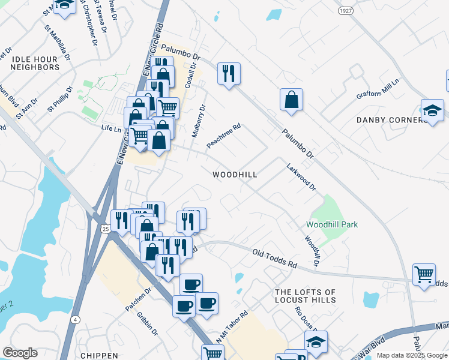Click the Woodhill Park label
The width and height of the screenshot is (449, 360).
332,224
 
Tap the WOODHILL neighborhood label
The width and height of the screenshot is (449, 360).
235,175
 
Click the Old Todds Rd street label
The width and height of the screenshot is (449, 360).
275,259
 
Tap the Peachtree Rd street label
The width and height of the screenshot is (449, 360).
224,136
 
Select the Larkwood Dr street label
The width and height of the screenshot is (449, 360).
301,177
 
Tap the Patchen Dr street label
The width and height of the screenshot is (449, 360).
138,299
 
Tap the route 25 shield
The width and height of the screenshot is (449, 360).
105,229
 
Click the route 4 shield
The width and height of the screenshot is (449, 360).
76,319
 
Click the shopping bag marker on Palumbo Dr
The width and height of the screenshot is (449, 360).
291,100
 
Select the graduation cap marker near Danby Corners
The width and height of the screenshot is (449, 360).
432,110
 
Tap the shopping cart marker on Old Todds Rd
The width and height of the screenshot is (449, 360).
424,275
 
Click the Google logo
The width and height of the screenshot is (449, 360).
20,353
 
